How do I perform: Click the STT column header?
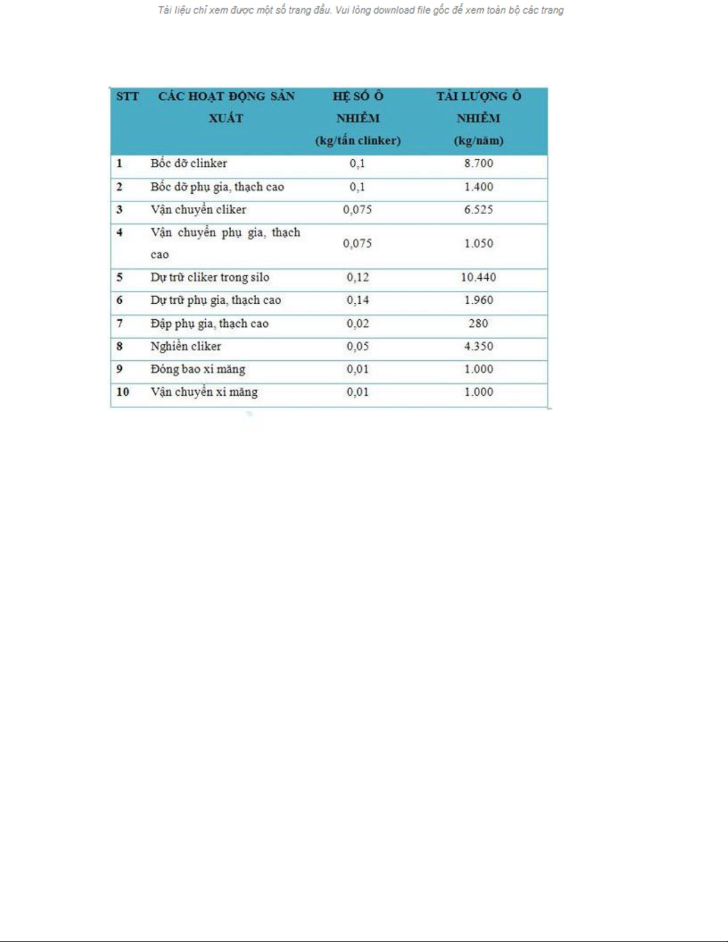coord(127,96)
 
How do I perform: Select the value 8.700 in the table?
coord(478,163)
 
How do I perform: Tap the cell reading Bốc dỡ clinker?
coord(188,163)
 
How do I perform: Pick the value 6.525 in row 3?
coord(478,210)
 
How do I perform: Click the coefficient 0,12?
coord(358,278)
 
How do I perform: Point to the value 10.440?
coord(478,278)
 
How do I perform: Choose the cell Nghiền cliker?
coord(185,346)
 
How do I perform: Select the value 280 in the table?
coord(478,323)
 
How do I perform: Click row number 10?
coord(122,392)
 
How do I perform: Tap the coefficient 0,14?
coord(358,300)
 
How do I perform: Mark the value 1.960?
coord(478,300)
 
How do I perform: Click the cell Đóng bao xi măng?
coord(197,369)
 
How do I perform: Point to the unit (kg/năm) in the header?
coord(478,141)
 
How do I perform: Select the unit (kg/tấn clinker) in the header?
coord(358,141)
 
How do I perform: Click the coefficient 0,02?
coord(358,323)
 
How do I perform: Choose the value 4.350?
coord(478,346)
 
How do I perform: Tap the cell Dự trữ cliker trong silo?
coord(209,278)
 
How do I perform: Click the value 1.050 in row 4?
coord(478,244)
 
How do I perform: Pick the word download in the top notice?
coord(393,10)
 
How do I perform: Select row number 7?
coord(119,323)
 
